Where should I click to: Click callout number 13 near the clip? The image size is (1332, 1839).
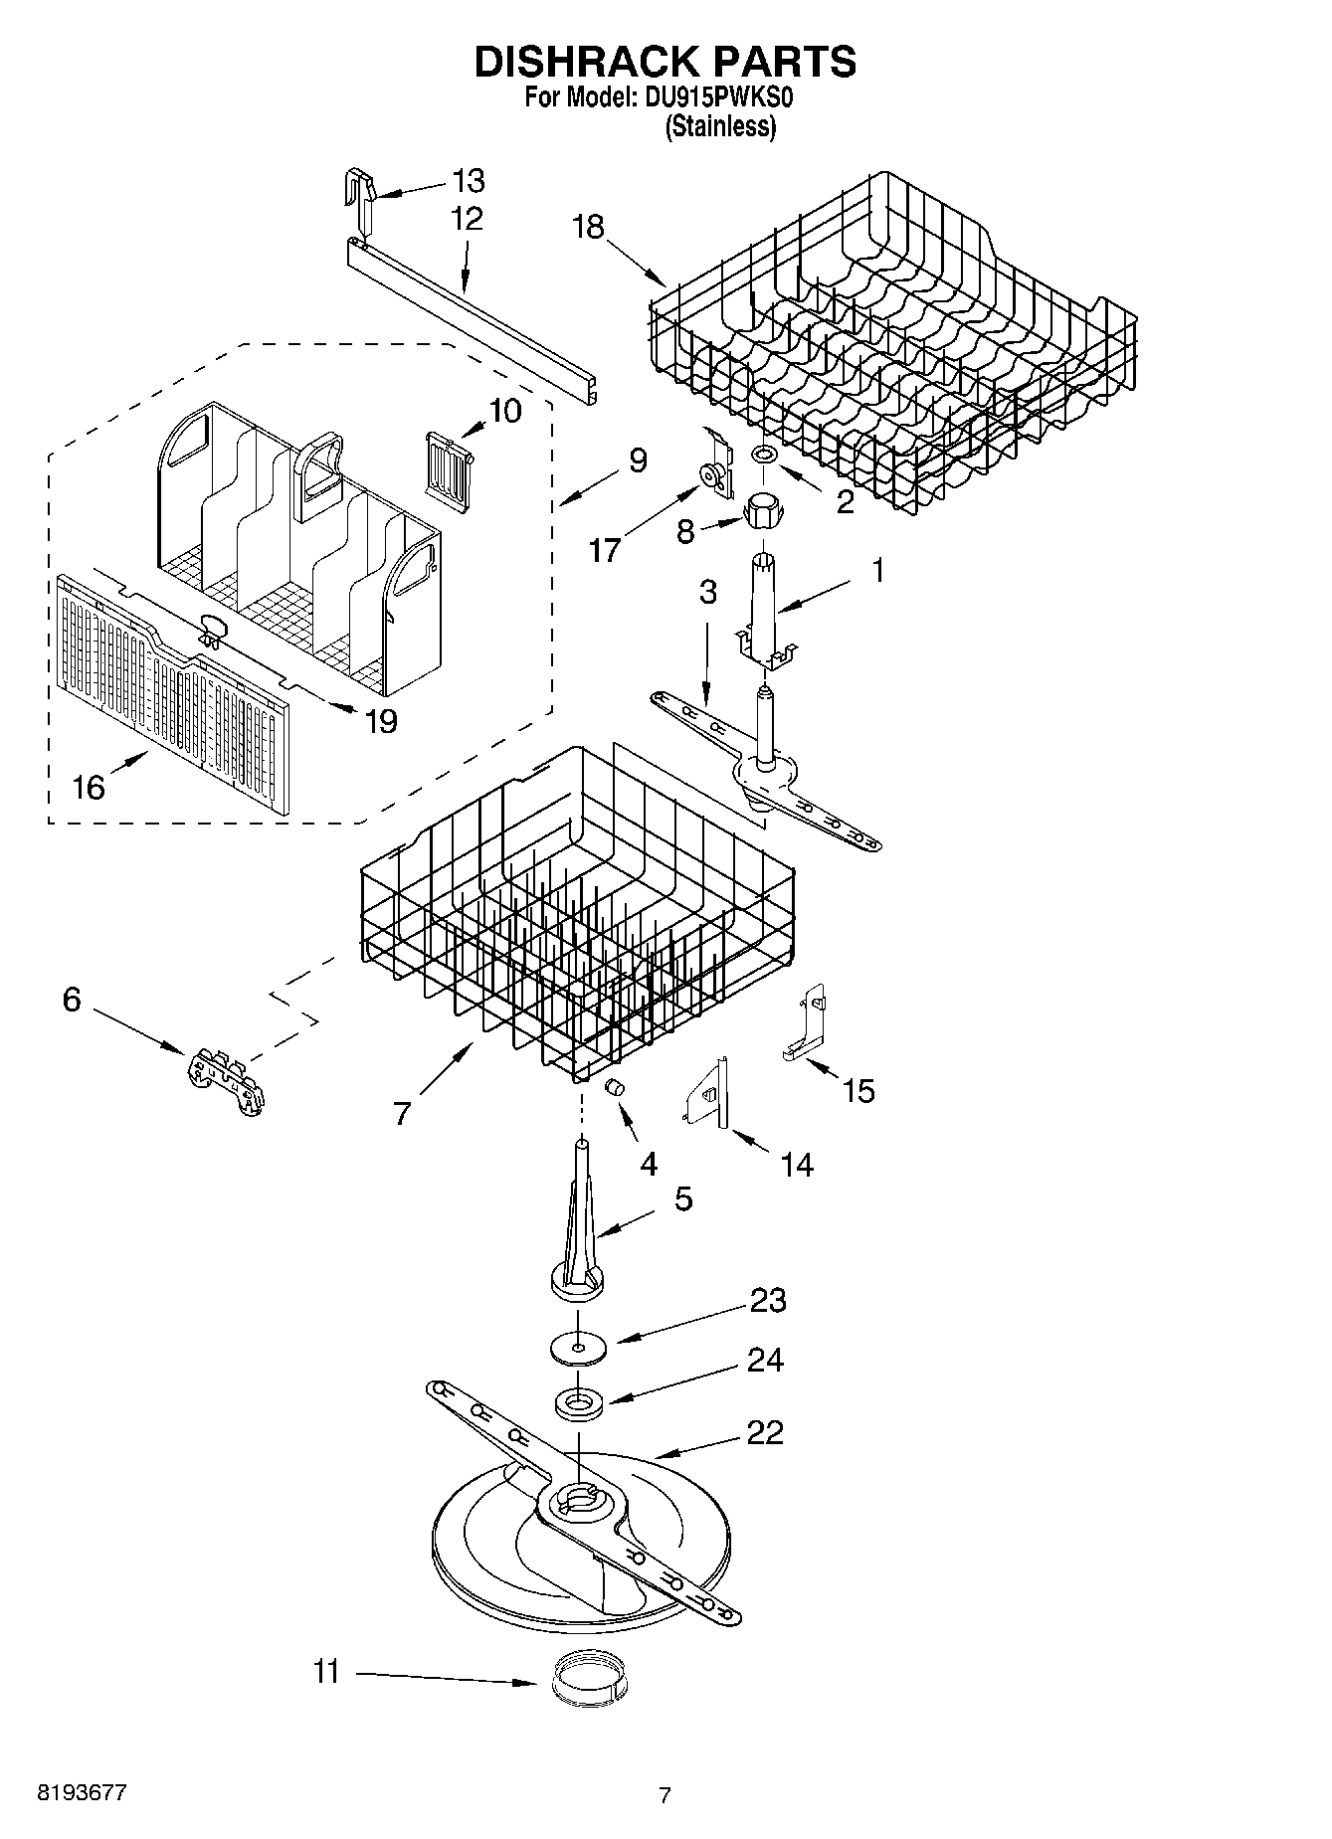click(x=468, y=181)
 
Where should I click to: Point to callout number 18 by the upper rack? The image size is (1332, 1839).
click(x=588, y=227)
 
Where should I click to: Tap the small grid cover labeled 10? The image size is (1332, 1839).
click(x=448, y=463)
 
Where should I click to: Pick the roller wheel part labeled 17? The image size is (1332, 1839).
click(x=714, y=478)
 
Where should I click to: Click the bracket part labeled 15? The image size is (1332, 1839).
click(x=808, y=1029)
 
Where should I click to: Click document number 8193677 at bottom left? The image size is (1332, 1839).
click(x=82, y=1792)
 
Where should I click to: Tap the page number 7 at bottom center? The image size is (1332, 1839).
click(x=665, y=1795)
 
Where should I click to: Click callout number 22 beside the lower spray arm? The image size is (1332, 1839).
click(x=764, y=1433)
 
